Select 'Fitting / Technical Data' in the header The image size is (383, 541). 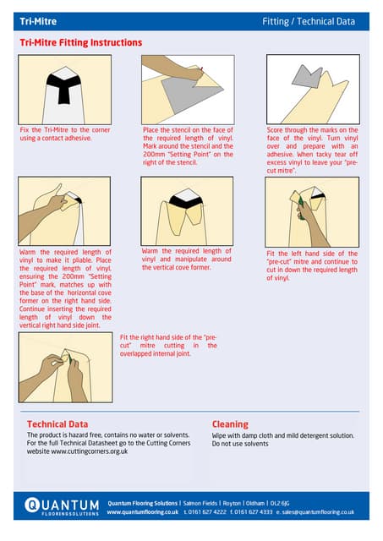[309, 21]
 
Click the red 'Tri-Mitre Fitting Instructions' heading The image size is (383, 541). [80, 42]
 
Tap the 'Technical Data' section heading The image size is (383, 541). [57, 424]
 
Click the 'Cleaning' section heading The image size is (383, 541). [230, 424]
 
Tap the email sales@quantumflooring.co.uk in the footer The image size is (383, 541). [315, 511]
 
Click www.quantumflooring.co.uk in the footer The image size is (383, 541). [142, 511]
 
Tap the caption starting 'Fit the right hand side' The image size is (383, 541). [168, 345]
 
